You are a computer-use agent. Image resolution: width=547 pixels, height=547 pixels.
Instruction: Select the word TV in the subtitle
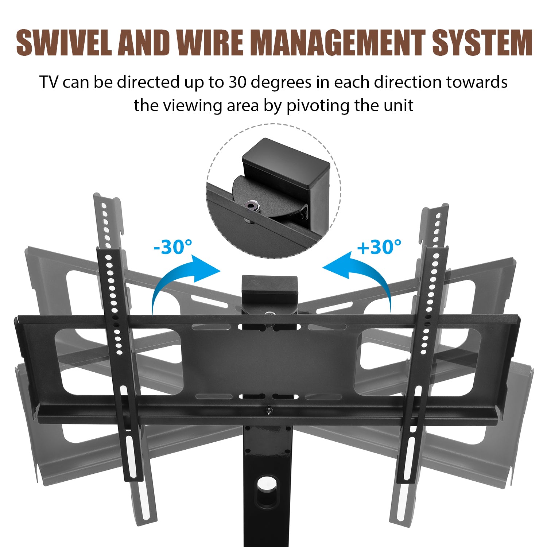49,82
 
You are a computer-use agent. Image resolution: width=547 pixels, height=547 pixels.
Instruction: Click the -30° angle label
172,247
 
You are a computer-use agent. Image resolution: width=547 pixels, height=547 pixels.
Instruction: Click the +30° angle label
379,247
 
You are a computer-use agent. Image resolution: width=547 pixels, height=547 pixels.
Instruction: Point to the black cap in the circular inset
286,164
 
